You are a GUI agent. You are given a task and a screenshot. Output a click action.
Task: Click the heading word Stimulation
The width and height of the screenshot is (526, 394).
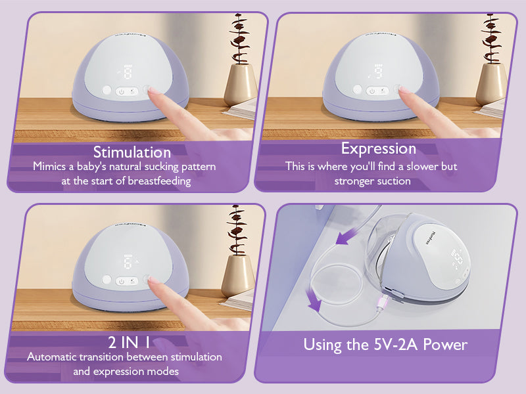(132, 152)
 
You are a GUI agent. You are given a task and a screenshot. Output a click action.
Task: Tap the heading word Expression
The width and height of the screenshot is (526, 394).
(379, 149)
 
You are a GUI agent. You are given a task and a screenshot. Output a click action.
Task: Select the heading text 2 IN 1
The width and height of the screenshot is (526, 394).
(129, 342)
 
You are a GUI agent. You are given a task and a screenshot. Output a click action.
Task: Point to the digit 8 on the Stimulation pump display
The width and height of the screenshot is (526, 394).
(128, 73)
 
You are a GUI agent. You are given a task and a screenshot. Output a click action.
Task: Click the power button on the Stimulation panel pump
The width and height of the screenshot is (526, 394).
(122, 91)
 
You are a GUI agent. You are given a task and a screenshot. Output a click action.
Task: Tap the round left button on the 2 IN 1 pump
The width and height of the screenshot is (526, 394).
(107, 279)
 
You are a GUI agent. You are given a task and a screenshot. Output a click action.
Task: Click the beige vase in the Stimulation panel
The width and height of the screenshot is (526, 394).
(240, 85)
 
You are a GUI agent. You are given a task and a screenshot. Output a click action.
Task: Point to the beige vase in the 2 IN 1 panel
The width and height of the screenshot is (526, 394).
(238, 276)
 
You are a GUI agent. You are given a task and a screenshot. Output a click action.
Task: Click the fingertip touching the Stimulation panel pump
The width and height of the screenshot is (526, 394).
(152, 91)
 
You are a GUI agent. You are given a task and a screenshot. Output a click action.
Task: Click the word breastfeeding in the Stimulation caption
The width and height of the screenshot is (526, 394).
(159, 181)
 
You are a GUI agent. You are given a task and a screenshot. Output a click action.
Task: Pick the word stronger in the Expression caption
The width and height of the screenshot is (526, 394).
(353, 181)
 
